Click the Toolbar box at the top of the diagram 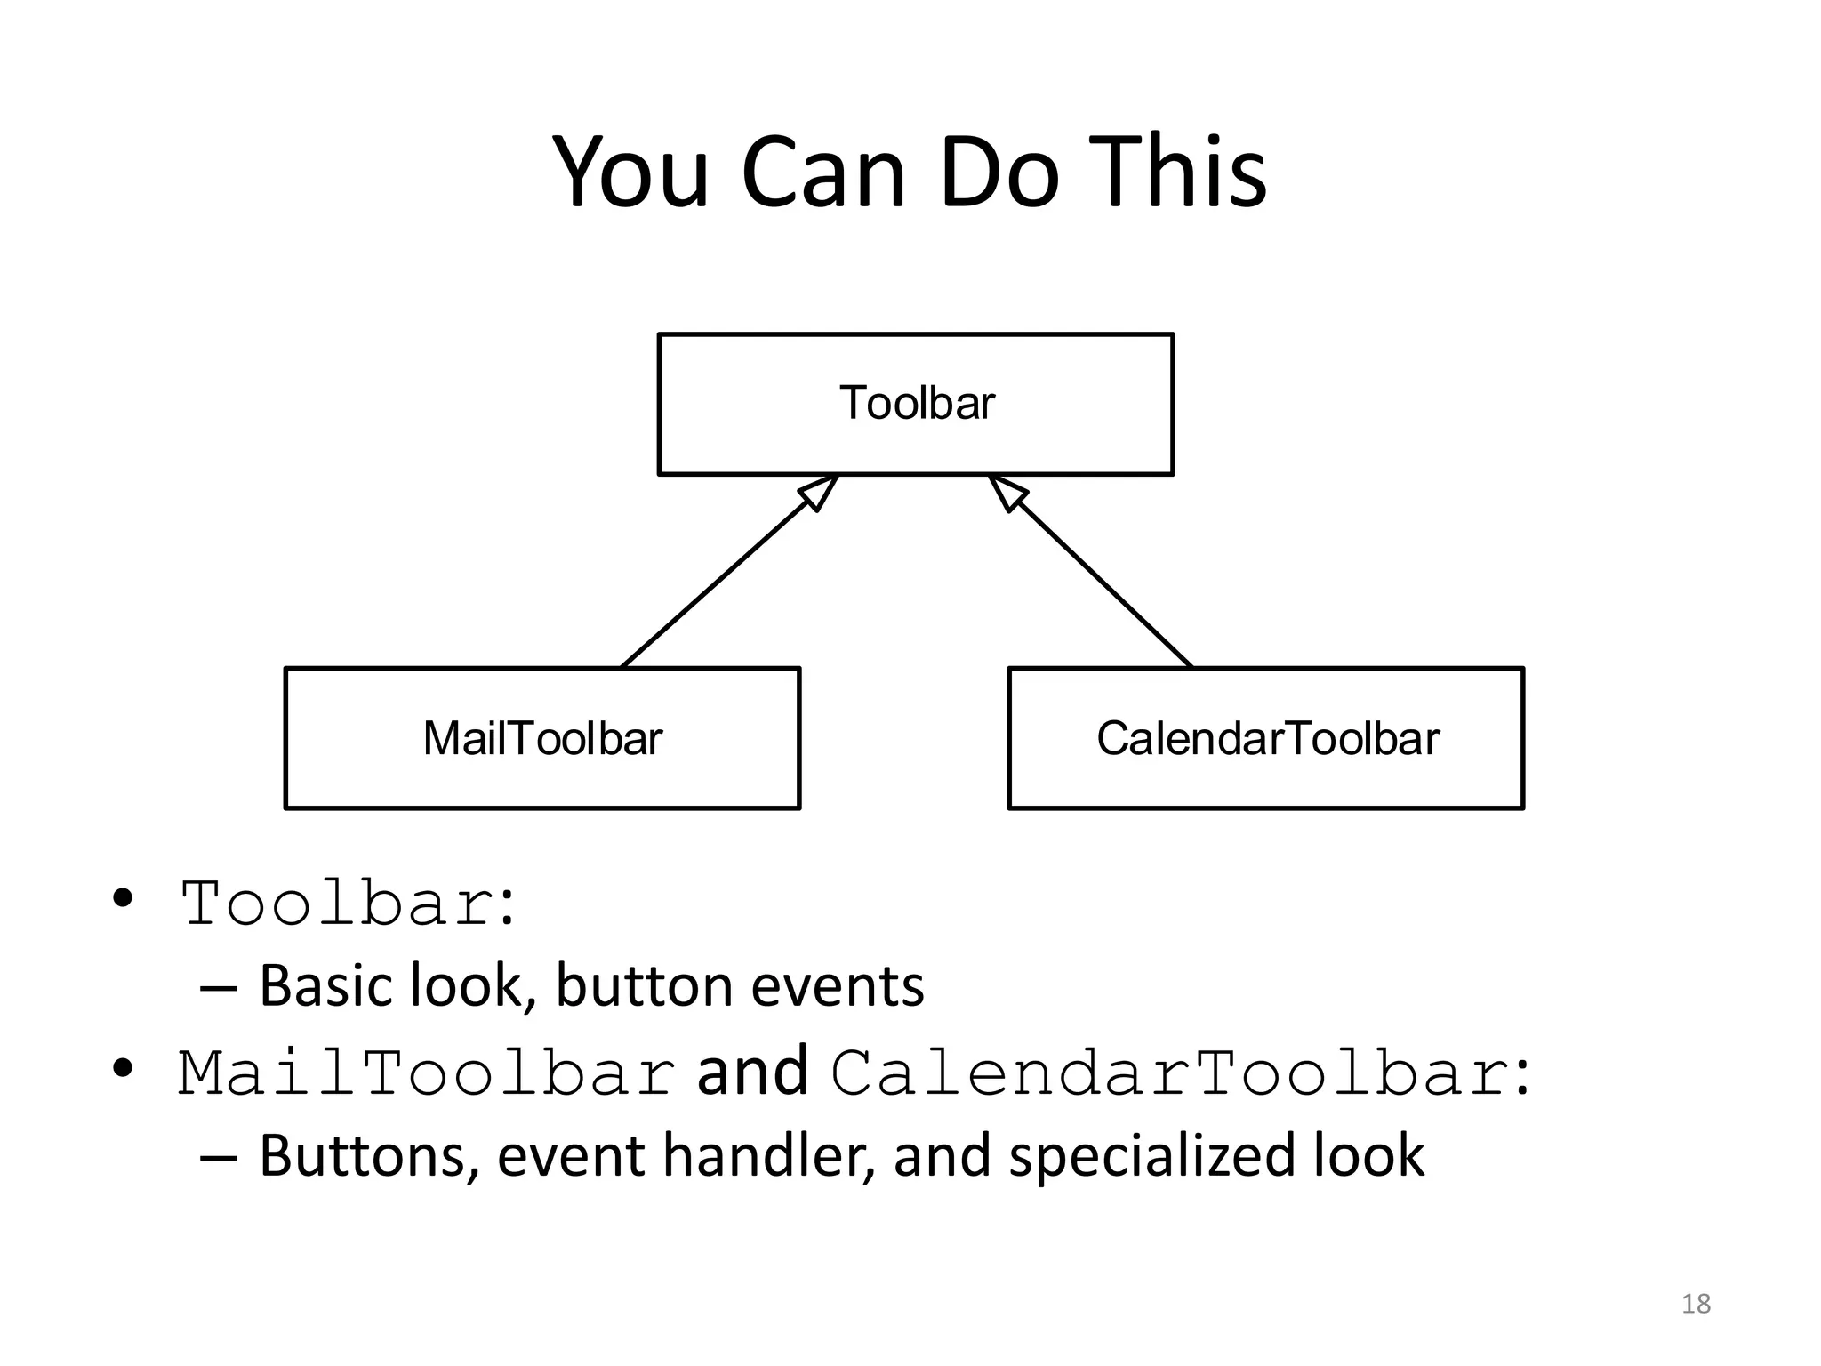point(916,404)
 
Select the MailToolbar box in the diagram point(542,738)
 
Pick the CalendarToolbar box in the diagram point(1266,738)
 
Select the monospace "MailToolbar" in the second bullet point(427,1073)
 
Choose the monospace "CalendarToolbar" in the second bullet point(1170,1073)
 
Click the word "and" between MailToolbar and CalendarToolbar point(752,1072)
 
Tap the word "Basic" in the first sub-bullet point(326,986)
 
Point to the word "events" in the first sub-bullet point(838,986)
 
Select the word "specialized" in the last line point(1152,1156)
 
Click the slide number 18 point(1696,1304)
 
